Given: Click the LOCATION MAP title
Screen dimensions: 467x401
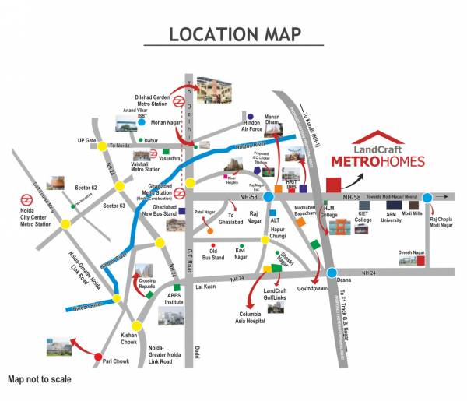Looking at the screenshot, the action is click(234, 35).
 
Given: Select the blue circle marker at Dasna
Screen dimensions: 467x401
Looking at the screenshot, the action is click(332, 273).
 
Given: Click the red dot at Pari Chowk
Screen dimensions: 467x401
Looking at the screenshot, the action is click(98, 358).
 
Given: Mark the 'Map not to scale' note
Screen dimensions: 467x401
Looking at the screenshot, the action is click(39, 380).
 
